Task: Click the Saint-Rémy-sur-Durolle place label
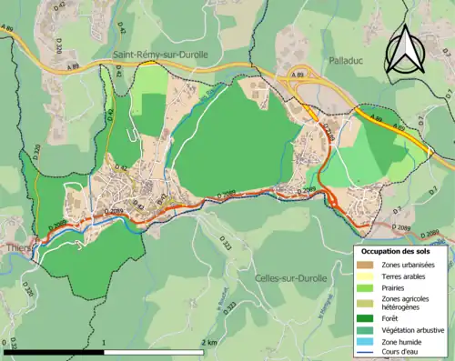160,55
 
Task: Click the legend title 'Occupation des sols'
399,250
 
